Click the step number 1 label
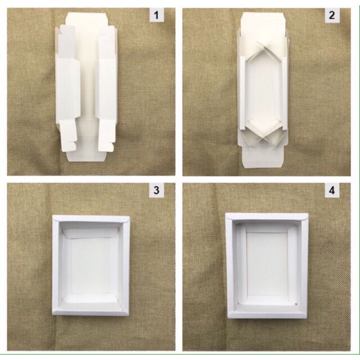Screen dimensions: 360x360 [x=157, y=15]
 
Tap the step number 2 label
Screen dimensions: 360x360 [x=332, y=15]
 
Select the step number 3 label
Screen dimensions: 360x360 [x=157, y=190]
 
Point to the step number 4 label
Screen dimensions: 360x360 [x=332, y=190]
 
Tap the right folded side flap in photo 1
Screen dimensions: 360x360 [x=106, y=88]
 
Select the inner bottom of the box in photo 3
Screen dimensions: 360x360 [x=91, y=266]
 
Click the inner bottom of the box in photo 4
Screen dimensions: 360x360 [x=267, y=264]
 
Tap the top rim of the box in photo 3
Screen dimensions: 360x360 [x=91, y=219]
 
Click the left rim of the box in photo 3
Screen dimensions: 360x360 [x=56, y=265]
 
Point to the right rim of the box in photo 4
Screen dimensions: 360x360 [x=304, y=265]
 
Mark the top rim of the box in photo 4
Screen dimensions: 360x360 [x=267, y=216]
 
